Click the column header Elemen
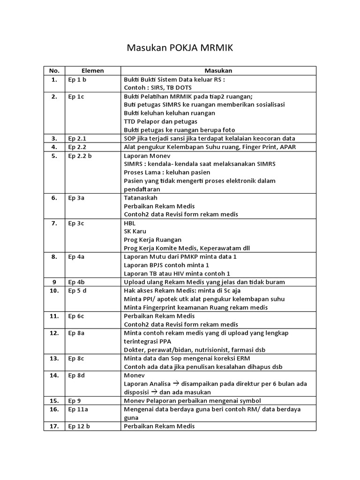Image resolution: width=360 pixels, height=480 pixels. tap(92, 71)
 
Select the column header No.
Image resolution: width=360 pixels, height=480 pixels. tap(54, 71)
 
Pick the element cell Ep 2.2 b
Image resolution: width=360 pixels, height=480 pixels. tap(80, 156)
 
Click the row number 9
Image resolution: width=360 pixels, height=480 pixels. tap(54, 282)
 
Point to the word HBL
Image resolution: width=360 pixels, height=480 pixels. tap(129, 223)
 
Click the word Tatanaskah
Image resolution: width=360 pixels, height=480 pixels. tap(141, 198)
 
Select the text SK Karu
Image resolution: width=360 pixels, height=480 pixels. tap(135, 232)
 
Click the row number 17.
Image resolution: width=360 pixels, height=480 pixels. tap(54, 426)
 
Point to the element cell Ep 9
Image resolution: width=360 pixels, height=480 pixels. tap(75, 401)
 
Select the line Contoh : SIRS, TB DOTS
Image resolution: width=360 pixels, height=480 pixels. tap(157, 88)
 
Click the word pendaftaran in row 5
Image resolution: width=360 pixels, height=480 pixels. tap(142, 189)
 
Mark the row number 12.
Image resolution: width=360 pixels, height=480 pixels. tap(54, 333)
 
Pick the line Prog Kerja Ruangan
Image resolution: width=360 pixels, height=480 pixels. tap(152, 240)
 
